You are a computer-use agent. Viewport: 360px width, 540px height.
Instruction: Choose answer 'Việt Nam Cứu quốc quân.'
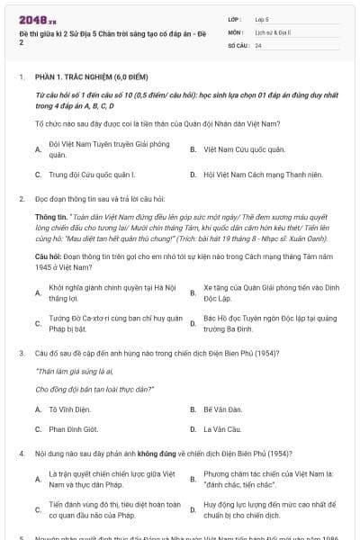(x=231, y=148)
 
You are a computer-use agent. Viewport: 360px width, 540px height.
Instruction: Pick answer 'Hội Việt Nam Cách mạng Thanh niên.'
(x=250, y=174)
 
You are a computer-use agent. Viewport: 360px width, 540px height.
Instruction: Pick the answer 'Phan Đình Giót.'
(x=75, y=428)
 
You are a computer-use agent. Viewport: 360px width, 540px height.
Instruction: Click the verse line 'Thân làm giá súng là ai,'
(x=70, y=371)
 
